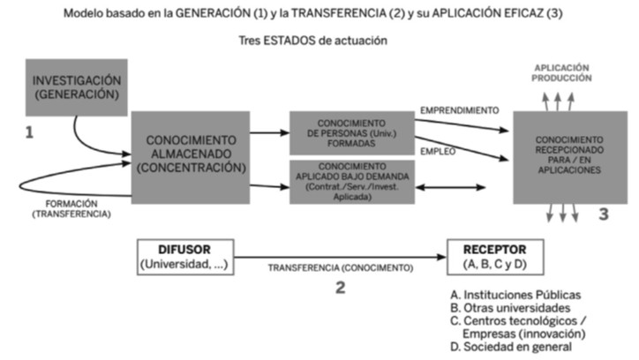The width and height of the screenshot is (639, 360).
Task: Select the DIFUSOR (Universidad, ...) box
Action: pyautogui.click(x=184, y=255)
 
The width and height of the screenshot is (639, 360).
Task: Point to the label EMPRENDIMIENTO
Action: pyautogui.click(x=459, y=111)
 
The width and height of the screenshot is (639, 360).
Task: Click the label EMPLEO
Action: pyautogui.click(x=438, y=151)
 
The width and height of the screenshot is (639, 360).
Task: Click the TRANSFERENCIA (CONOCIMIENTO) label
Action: pyautogui.click(x=341, y=266)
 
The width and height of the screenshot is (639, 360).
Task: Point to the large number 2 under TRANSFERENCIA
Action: pyautogui.click(x=340, y=288)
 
